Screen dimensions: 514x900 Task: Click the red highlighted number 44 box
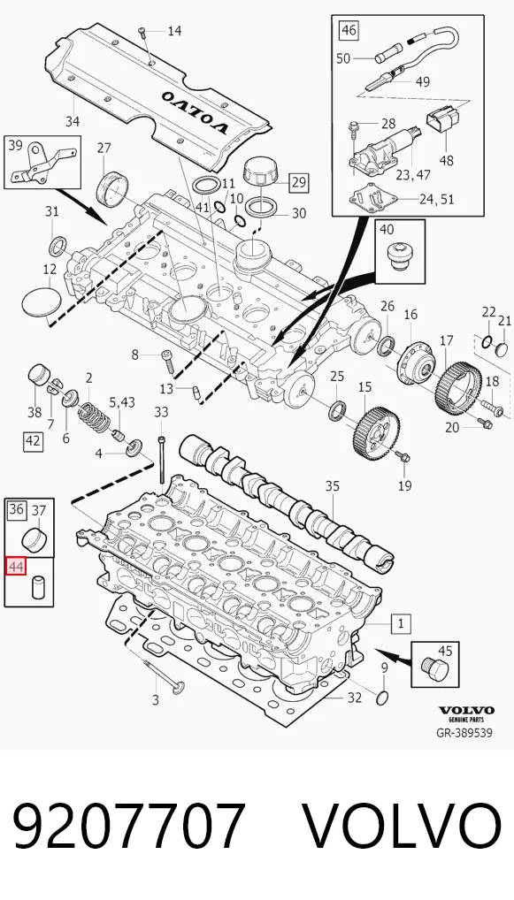[16, 567]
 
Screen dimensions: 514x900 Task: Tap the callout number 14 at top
[174, 30]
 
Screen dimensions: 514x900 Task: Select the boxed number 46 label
[349, 30]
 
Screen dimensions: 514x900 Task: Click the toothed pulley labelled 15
[375, 431]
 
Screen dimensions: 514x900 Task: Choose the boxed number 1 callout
[400, 623]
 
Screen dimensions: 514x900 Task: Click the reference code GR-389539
[464, 733]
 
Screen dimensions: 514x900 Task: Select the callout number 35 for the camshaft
[333, 486]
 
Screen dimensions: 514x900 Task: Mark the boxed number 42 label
[33, 441]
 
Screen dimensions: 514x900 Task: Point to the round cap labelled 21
[502, 348]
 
